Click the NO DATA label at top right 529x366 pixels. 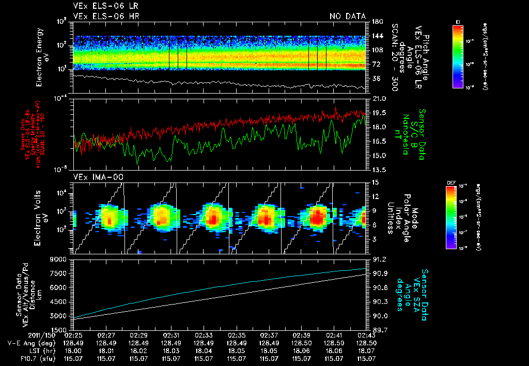pyautogui.click(x=348, y=17)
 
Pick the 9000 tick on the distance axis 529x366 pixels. pyautogui.click(x=60, y=259)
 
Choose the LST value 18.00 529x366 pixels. pyautogui.click(x=74, y=350)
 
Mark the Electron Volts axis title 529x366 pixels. pyautogui.click(x=42, y=217)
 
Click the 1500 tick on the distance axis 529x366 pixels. pyautogui.click(x=60, y=329)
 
